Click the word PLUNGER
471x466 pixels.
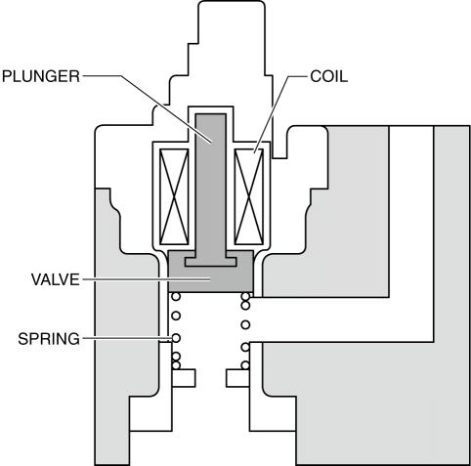click(41, 76)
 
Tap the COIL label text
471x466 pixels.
click(329, 76)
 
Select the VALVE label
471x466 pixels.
click(56, 279)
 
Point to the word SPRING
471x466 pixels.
click(49, 339)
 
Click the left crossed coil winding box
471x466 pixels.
click(174, 196)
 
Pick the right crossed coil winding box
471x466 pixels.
click(249, 196)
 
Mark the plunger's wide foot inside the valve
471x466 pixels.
click(211, 262)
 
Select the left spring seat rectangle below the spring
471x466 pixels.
click(184, 378)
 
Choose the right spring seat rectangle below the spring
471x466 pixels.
click(238, 378)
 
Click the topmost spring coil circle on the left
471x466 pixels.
click(176, 297)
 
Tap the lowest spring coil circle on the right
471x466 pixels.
click(245, 365)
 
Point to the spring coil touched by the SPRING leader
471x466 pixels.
click(176, 338)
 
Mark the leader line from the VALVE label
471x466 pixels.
click(147, 279)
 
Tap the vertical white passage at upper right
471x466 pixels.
click(411, 212)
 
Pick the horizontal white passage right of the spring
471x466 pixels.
click(342, 319)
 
